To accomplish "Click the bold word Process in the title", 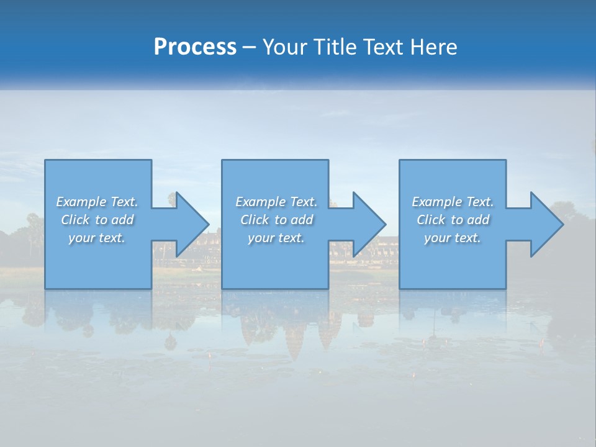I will [195, 47].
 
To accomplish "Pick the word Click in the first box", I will [75, 220].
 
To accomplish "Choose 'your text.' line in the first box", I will [97, 238].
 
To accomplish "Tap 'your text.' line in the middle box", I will [276, 238].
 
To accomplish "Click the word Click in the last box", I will [431, 220].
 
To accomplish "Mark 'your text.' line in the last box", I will [453, 238].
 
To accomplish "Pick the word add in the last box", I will [478, 220].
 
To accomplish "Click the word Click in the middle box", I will [255, 220].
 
